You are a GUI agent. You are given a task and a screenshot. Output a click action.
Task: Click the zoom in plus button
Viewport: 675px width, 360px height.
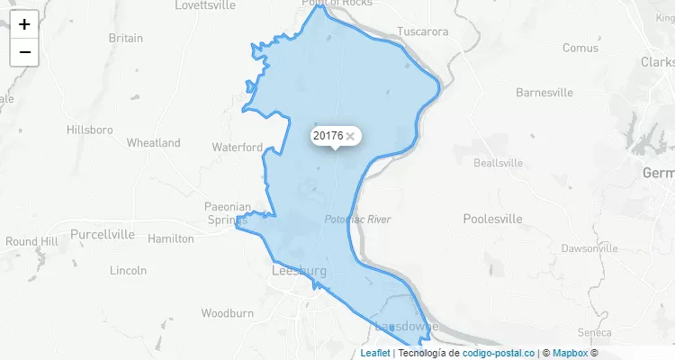[24, 24]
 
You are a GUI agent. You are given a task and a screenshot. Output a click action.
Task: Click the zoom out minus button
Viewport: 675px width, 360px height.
[24, 52]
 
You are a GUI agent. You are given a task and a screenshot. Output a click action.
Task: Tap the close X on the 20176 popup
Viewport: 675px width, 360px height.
[350, 136]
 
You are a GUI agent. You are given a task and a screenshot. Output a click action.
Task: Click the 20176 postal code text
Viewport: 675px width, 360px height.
[328, 136]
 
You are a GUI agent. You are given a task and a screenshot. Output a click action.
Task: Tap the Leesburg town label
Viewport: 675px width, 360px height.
[298, 271]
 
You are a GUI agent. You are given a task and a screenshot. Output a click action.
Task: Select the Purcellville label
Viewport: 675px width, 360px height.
[102, 234]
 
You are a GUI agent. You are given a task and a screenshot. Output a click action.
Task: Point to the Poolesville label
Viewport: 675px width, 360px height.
[492, 219]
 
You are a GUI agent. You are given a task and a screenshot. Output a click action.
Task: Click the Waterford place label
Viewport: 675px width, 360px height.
[237, 147]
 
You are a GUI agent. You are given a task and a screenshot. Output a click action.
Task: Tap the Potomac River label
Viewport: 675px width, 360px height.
[357, 220]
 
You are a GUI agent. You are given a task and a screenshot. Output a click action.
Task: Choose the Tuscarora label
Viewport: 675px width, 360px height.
[422, 31]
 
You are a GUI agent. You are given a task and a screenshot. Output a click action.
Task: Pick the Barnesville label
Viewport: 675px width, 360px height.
[544, 93]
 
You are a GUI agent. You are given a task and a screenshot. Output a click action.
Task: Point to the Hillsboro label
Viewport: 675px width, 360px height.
[90, 130]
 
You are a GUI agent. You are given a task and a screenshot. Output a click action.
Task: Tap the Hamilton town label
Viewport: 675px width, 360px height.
[171, 238]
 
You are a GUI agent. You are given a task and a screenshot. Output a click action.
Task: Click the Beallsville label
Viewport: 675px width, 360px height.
[498, 163]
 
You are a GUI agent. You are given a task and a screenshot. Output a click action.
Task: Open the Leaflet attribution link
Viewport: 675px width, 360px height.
[375, 353]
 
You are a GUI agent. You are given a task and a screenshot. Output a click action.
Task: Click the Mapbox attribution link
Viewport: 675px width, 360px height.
[570, 353]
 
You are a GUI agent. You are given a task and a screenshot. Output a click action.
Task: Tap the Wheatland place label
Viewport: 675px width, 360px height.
[153, 143]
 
